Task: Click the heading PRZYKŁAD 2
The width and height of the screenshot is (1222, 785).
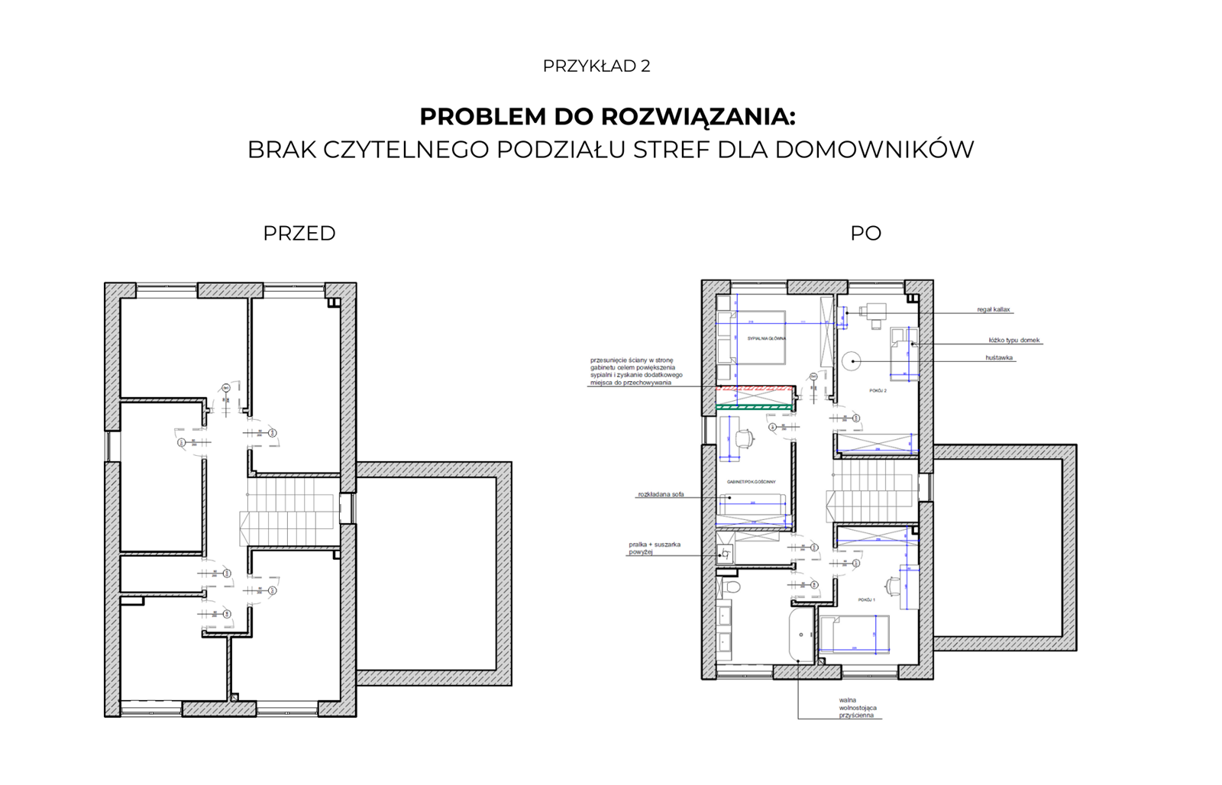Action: [596, 66]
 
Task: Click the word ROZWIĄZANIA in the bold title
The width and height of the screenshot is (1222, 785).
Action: [697, 117]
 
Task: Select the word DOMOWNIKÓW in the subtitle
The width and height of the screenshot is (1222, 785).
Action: [874, 150]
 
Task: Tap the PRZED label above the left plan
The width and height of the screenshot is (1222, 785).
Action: [299, 234]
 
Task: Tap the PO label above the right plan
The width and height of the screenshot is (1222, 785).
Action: [865, 234]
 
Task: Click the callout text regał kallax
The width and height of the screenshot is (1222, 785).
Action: [993, 310]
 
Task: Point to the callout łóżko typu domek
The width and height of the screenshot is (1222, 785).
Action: [1014, 341]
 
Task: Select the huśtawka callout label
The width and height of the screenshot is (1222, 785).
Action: [999, 357]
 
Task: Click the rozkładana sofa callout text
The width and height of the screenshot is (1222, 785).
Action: [661, 495]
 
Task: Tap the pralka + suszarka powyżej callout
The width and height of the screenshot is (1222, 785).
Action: [654, 548]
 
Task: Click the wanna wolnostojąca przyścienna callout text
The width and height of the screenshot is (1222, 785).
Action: [857, 708]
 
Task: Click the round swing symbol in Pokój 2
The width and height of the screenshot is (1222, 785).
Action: [852, 360]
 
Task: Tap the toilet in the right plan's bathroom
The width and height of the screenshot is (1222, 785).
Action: [732, 586]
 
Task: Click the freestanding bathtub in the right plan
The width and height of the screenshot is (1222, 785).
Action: [801, 634]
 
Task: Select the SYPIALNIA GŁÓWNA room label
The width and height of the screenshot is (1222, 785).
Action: [766, 338]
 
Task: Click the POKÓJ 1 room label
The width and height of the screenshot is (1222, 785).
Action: [866, 600]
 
